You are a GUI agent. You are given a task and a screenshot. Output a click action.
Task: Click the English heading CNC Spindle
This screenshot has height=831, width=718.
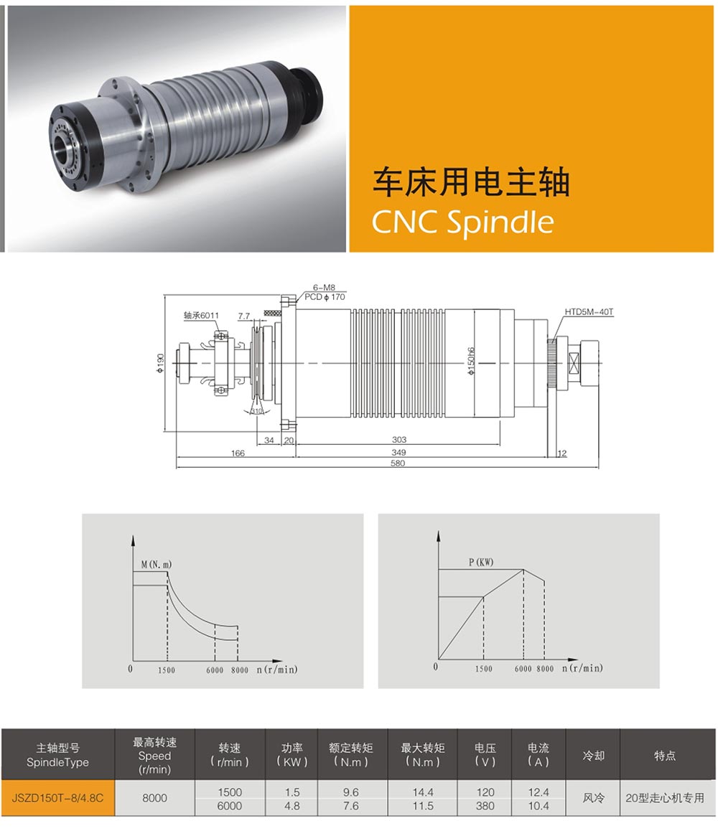pyautogui.click(x=462, y=222)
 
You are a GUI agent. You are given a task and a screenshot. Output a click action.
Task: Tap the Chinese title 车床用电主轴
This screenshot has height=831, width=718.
pyautogui.click(x=471, y=182)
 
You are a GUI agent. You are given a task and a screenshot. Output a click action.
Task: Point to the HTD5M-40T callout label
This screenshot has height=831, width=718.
pyautogui.click(x=589, y=312)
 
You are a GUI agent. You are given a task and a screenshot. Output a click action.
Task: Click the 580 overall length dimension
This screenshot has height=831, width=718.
pyautogui.click(x=398, y=463)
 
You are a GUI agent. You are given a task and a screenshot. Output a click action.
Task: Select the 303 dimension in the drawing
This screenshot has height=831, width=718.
pyautogui.click(x=399, y=440)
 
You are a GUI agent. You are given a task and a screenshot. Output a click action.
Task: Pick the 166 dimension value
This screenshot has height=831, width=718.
pyautogui.click(x=238, y=453)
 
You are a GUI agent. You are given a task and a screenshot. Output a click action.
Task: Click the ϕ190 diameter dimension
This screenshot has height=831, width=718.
pyautogui.click(x=161, y=363)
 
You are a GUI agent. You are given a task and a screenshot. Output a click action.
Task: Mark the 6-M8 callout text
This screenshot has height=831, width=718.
pyautogui.click(x=324, y=288)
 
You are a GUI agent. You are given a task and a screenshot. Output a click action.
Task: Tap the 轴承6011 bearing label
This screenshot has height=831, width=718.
pyautogui.click(x=202, y=315)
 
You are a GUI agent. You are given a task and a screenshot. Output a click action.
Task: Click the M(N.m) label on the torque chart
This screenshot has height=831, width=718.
pyautogui.click(x=157, y=565)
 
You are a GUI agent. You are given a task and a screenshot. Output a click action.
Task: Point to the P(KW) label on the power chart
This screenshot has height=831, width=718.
pyautogui.click(x=481, y=563)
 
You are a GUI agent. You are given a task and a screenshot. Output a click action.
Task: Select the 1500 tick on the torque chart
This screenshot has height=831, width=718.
pyautogui.click(x=167, y=670)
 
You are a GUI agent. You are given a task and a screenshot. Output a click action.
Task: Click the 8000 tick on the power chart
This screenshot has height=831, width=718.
pyautogui.click(x=545, y=669)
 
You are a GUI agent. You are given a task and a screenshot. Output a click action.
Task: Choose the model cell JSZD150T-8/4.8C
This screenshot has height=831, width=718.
pyautogui.click(x=58, y=797)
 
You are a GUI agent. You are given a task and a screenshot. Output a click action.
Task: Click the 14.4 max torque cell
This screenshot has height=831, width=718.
pyautogui.click(x=423, y=792)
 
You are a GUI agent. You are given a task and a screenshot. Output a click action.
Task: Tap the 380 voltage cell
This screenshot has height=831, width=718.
pyautogui.click(x=485, y=806)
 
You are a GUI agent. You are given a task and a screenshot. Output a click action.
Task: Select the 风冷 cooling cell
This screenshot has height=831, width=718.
pyautogui.click(x=593, y=797)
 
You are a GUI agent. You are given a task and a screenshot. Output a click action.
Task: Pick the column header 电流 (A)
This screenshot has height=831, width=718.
pyautogui.click(x=538, y=755)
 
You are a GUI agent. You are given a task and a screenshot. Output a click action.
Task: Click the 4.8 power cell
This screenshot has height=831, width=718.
pyautogui.click(x=292, y=806)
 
